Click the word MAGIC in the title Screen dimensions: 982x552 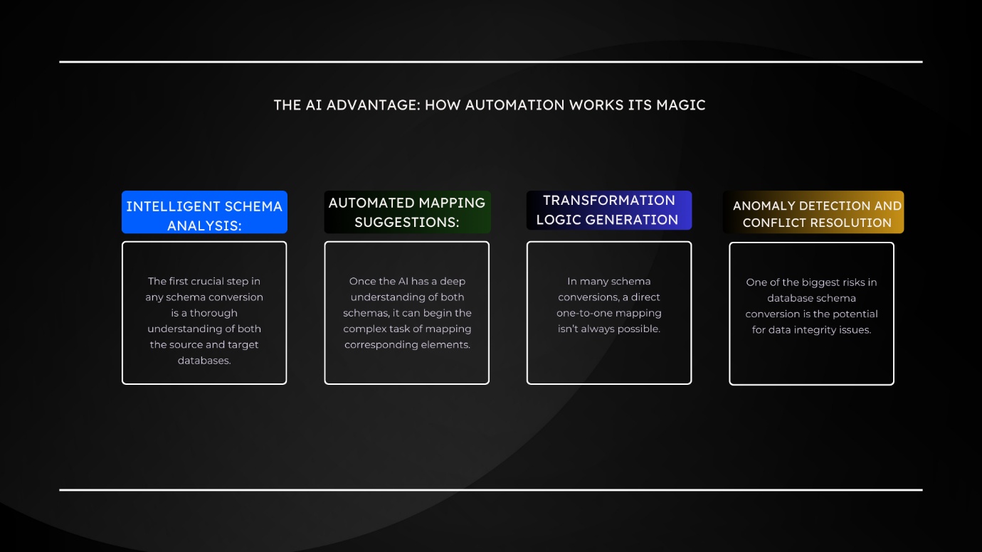click(x=681, y=105)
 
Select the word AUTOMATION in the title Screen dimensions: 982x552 click(x=514, y=105)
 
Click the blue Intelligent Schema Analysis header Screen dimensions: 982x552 click(x=204, y=212)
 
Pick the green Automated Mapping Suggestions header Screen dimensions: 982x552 click(x=407, y=212)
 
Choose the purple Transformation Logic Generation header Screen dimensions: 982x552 click(x=609, y=211)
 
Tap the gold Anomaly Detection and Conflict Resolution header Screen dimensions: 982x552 click(x=813, y=212)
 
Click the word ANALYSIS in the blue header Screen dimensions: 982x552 click(x=204, y=225)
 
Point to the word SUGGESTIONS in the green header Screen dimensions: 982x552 click(x=407, y=222)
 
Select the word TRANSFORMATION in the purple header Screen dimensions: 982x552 click(x=609, y=200)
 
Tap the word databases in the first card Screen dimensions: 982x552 click(x=204, y=361)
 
